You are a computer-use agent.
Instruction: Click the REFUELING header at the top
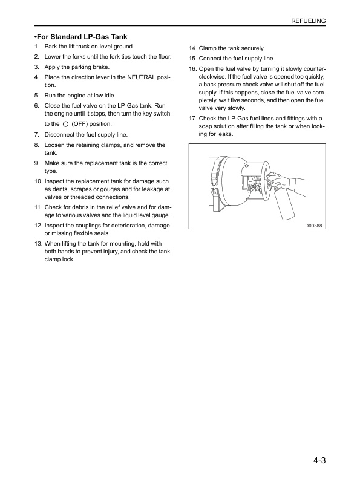(309, 21)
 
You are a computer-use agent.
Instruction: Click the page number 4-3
(319, 460)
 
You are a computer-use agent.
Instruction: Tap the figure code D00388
(313, 226)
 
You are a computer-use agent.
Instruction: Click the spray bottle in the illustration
(282, 203)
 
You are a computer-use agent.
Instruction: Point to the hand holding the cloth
(273, 178)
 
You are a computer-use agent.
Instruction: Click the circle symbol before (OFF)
(65, 124)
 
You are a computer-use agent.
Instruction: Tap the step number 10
(38, 181)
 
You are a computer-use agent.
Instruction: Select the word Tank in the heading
(119, 37)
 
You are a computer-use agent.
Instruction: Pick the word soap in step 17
(205, 126)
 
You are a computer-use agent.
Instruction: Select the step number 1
(37, 47)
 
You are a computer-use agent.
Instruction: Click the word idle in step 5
(110, 96)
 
